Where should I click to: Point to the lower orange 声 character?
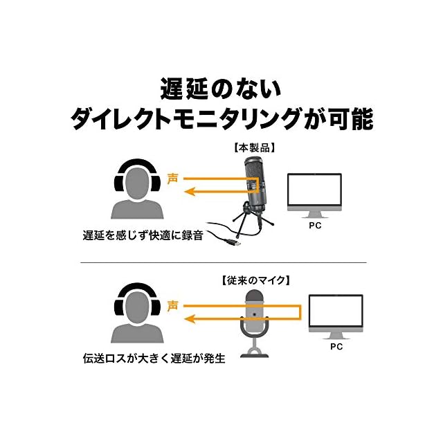(x=172, y=305)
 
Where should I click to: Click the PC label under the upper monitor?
(x=314, y=226)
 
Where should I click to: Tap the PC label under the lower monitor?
(x=336, y=346)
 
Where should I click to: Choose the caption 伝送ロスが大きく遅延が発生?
(x=159, y=360)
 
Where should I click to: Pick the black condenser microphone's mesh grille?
(x=254, y=169)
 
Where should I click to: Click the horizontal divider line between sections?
(x=221, y=263)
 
